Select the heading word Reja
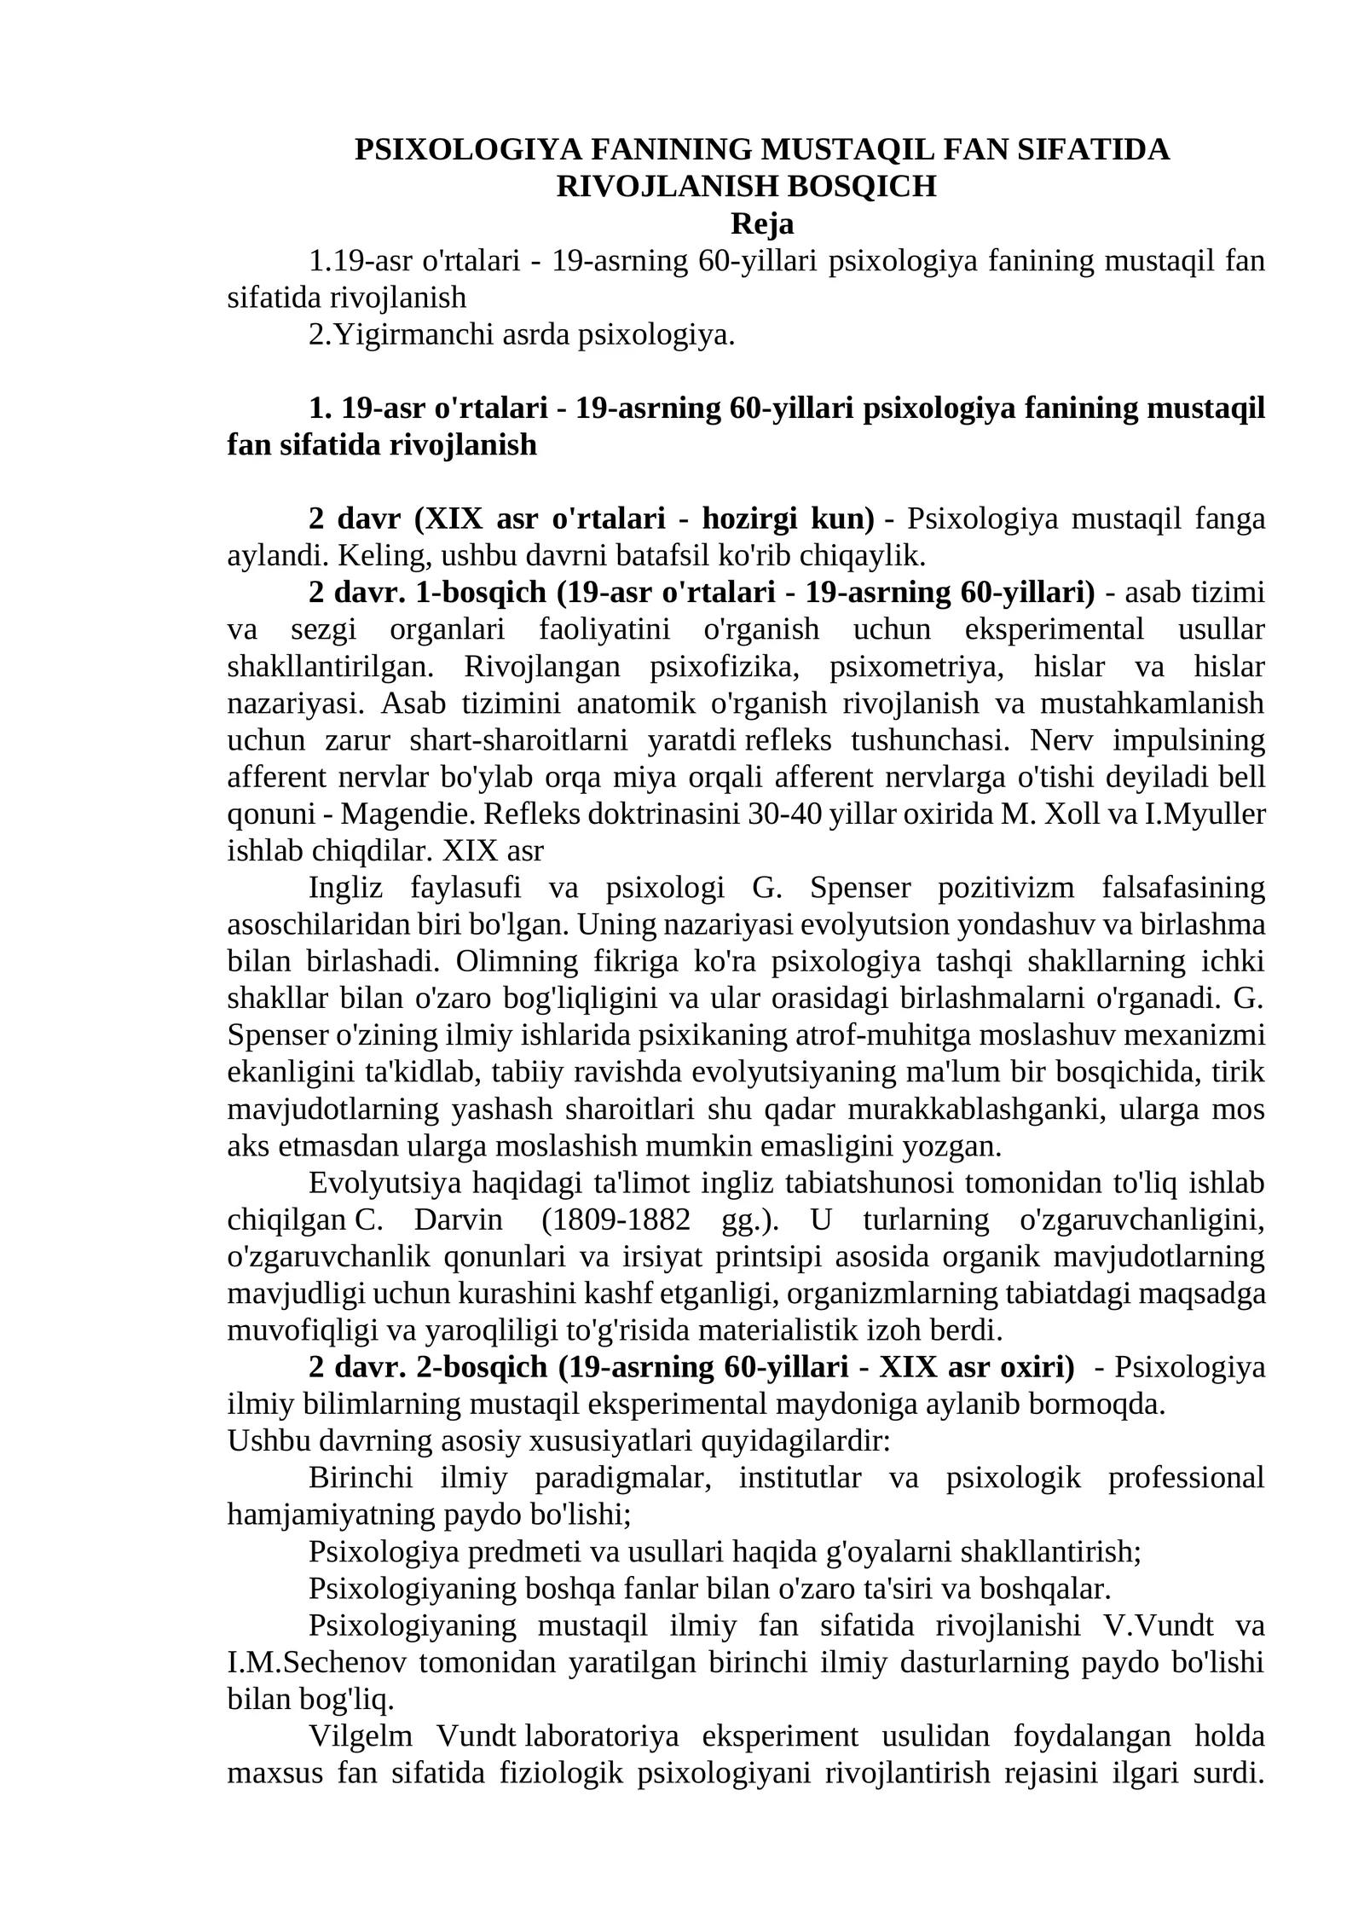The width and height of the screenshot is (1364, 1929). (762, 223)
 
